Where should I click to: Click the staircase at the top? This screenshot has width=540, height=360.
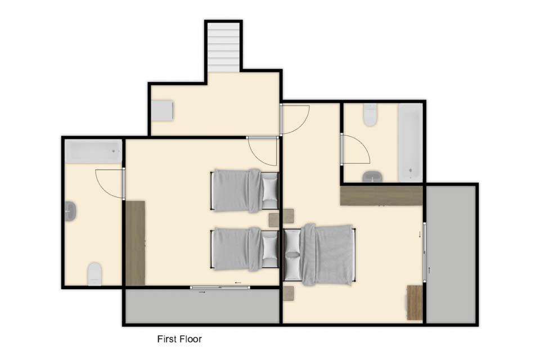(x=223, y=47)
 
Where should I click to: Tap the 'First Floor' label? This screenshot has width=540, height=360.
(x=179, y=339)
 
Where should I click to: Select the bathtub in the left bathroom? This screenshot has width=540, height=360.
(x=93, y=151)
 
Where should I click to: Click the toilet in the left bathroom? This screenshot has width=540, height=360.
(x=94, y=274)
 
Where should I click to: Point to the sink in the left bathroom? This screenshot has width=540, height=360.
(x=71, y=211)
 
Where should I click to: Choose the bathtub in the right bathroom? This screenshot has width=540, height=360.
(x=410, y=143)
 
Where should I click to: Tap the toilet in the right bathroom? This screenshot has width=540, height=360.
(x=371, y=115)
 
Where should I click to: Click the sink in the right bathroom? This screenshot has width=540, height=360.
(x=372, y=177)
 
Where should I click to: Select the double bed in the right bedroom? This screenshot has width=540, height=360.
(x=319, y=255)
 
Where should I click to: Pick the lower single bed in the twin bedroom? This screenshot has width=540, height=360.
(x=245, y=249)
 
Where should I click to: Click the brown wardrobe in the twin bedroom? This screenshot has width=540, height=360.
(x=136, y=243)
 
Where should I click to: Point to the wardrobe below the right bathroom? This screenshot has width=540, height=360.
(x=381, y=196)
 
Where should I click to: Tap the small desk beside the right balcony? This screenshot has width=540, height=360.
(x=415, y=303)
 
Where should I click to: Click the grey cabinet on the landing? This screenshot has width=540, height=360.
(x=163, y=110)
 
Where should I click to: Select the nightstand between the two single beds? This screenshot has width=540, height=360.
(x=274, y=220)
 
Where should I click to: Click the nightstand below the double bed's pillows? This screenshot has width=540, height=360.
(x=288, y=293)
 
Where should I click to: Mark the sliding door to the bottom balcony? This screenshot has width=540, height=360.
(x=220, y=287)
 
